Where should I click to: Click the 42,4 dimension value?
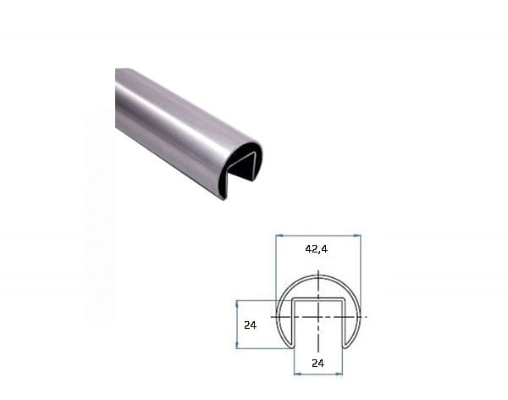pos(316,249)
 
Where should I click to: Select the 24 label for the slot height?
pos(250,325)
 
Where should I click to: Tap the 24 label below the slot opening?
pos(317,364)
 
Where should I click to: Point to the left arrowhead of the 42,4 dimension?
pos(279,236)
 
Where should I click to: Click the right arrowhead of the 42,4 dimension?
pos(357,236)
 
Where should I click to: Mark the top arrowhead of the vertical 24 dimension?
pos(237,304)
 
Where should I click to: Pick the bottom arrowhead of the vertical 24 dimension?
pos(237,345)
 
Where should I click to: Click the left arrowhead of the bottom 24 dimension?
pos(297,374)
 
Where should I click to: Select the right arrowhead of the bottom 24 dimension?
pos(339,374)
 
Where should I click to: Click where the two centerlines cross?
pos(319,317)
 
